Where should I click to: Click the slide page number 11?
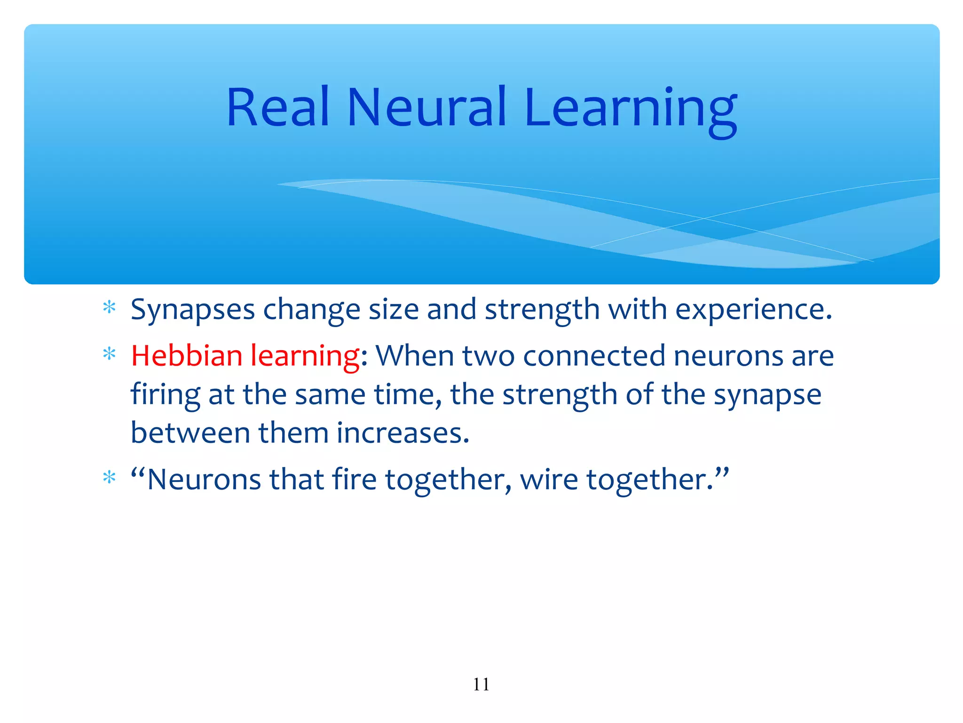coord(481,684)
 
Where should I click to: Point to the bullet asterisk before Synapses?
coord(109,308)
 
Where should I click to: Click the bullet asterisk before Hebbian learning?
coord(109,354)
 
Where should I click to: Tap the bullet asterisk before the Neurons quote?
coord(109,478)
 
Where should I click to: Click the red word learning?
coord(305,357)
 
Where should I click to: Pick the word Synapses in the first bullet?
coord(192,311)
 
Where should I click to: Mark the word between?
coord(190,433)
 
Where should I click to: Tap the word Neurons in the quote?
coord(204,480)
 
